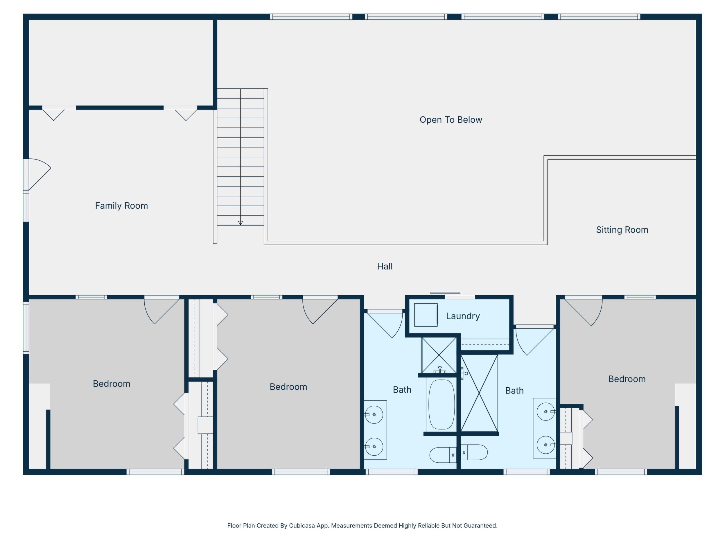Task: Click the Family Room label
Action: click(121, 206)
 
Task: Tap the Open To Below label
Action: click(451, 120)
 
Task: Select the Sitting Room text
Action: click(622, 230)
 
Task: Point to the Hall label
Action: click(385, 266)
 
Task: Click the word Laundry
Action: click(463, 316)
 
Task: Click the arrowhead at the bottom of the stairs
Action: click(240, 223)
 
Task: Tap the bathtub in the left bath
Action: click(441, 404)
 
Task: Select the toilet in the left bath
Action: click(443, 455)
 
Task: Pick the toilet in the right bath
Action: click(474, 452)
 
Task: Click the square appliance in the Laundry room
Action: click(426, 315)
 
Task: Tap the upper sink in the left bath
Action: click(374, 415)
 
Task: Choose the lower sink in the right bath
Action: click(546, 445)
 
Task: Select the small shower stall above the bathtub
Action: click(439, 355)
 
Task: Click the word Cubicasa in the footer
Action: click(302, 526)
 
